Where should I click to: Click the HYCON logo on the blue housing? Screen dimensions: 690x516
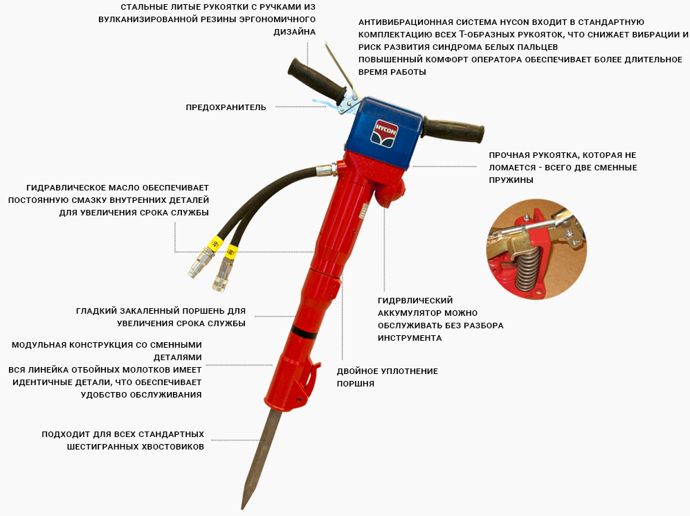click(385, 131)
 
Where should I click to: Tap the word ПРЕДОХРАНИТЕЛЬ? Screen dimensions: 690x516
click(226, 107)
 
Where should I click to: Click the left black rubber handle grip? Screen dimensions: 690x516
click(317, 80)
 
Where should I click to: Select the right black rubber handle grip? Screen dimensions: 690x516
click(454, 130)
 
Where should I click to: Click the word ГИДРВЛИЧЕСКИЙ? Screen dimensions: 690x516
click(415, 301)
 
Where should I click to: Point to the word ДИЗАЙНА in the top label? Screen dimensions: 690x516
click(294, 32)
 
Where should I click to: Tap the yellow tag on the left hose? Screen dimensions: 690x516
click(215, 243)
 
